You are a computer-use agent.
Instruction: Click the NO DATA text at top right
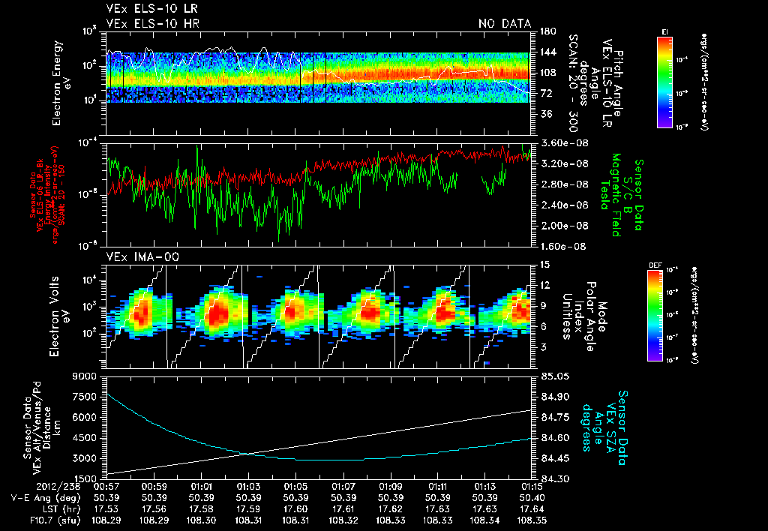click(505, 24)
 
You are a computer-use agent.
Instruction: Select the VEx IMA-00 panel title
click(136, 257)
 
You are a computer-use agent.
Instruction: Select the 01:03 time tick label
click(248, 487)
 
